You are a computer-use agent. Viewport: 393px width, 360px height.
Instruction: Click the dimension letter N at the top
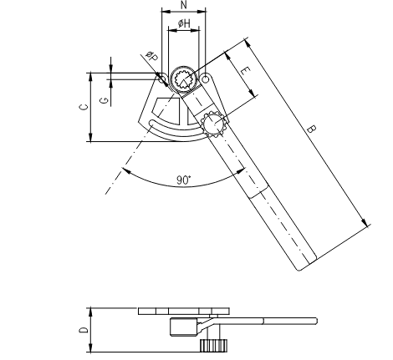click(184, 5)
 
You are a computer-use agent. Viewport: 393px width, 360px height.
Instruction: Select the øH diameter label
click(184, 23)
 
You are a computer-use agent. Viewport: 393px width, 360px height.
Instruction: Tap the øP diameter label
click(152, 57)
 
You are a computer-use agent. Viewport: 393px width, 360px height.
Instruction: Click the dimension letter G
click(104, 100)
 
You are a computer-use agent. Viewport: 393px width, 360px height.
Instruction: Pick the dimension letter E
click(245, 71)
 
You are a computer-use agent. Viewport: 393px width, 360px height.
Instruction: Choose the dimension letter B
click(311, 129)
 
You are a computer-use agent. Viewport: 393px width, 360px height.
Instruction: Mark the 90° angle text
click(184, 180)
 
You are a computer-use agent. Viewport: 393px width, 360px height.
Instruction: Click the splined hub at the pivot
click(184, 80)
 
